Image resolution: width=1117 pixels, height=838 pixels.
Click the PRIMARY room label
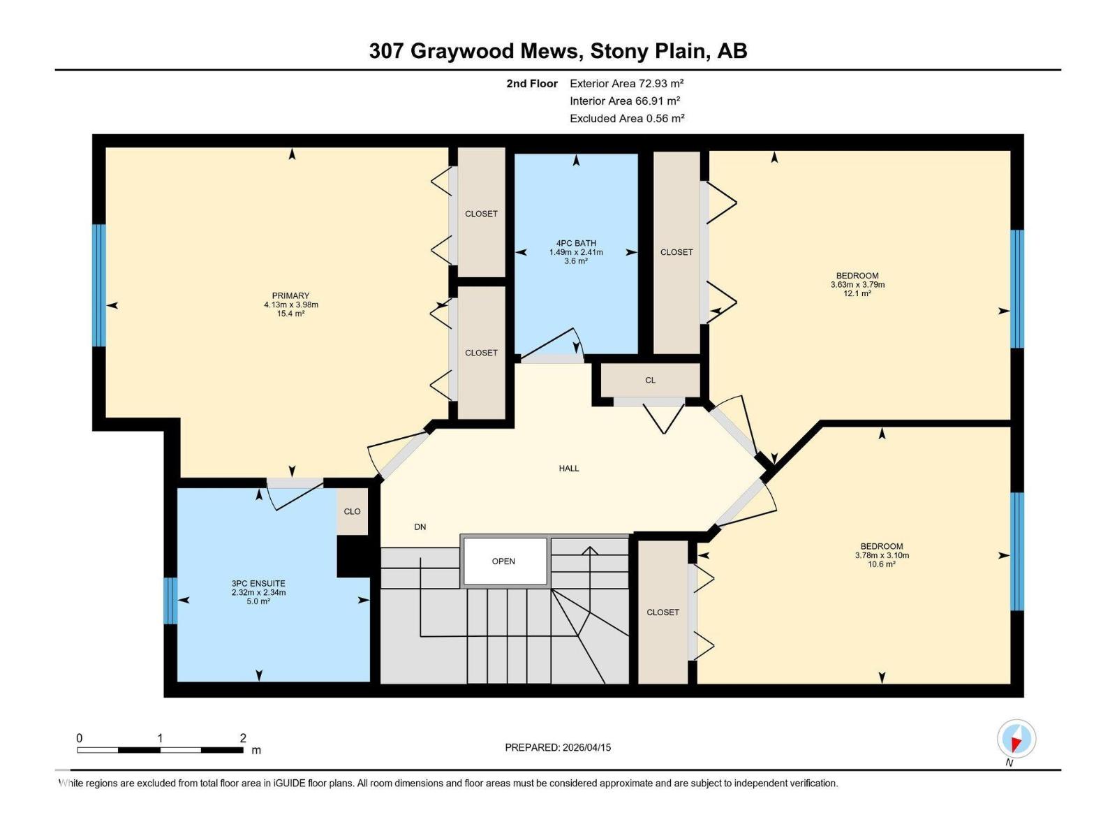tap(290, 296)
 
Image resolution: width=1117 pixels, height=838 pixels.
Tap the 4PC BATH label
tap(576, 244)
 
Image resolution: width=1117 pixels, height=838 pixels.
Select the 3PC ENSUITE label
tap(258, 584)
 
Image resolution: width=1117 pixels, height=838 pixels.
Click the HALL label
tap(569, 469)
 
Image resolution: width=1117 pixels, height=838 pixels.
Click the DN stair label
tap(420, 527)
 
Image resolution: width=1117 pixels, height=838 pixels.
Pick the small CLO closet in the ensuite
tap(352, 511)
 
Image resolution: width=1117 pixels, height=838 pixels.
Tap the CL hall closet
tap(650, 381)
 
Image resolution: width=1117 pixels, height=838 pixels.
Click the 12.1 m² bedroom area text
tap(857, 294)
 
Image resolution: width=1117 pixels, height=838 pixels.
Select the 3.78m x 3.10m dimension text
tap(882, 556)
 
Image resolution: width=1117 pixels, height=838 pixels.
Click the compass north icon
tap(1016, 739)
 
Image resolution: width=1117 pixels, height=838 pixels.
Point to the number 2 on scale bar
tap(243, 738)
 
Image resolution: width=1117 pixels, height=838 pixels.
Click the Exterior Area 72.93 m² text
tap(626, 83)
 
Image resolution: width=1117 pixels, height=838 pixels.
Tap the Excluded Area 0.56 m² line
tap(626, 119)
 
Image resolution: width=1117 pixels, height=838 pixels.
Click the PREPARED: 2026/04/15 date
tap(558, 747)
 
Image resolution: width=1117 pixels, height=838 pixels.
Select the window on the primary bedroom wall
tap(99, 285)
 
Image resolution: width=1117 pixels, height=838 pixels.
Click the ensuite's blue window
tap(170, 601)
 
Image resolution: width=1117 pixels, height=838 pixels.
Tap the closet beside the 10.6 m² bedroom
tap(663, 612)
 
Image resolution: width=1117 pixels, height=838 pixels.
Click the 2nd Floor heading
tap(532, 83)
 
